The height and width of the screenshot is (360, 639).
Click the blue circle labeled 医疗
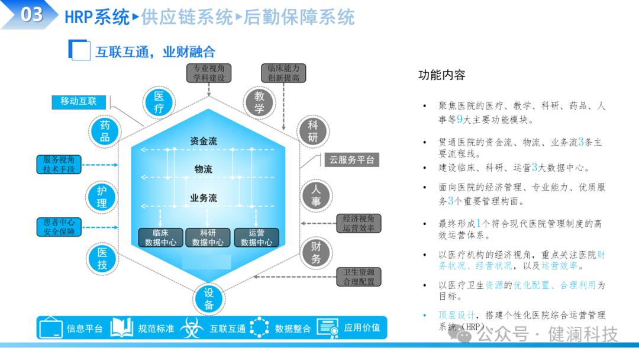coord(159,102)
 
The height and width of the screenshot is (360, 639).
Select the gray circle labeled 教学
coord(259,102)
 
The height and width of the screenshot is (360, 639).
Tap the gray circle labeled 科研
coord(312,131)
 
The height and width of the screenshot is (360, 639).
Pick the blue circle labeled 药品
coord(105,131)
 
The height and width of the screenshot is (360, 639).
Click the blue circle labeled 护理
coord(102,197)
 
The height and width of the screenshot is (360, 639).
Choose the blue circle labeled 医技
coord(102,259)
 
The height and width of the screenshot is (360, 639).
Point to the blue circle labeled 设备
coord(209,298)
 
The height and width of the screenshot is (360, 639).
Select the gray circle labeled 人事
coord(316,195)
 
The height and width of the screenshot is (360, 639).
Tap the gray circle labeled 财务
coord(316,253)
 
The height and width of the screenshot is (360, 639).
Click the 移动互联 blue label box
coord(79,102)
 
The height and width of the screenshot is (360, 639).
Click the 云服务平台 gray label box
coord(351,160)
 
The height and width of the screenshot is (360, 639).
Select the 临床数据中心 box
coord(160,237)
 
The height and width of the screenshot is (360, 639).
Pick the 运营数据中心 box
coord(256,237)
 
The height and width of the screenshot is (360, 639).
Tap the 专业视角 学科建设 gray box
coord(209,73)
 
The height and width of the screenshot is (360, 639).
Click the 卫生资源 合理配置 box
coord(359,277)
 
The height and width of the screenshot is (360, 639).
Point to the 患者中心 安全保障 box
coord(59,227)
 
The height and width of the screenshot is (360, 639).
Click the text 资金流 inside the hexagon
coord(204,142)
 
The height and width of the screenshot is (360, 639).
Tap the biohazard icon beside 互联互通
coord(192,328)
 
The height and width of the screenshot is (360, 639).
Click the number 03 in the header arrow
coord(31,15)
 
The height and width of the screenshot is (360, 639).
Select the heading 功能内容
coord(442,75)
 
